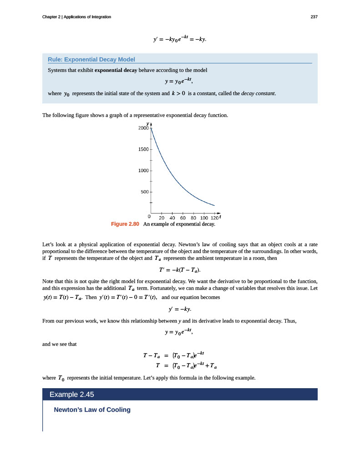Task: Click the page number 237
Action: (x=314, y=17)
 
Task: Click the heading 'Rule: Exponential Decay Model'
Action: (x=91, y=60)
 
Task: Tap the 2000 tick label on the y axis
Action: (x=143, y=128)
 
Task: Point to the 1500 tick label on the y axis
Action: (x=143, y=149)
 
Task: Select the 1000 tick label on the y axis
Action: (x=143, y=171)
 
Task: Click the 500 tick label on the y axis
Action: (x=145, y=192)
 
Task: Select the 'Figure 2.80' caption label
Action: (x=125, y=224)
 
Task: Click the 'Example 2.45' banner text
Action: (x=74, y=394)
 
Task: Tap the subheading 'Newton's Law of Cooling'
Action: (x=92, y=410)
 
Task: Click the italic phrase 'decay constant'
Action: (x=258, y=94)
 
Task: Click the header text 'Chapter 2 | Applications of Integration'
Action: (x=76, y=17)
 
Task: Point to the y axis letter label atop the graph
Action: (x=147, y=123)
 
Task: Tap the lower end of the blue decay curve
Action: (x=214, y=205)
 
